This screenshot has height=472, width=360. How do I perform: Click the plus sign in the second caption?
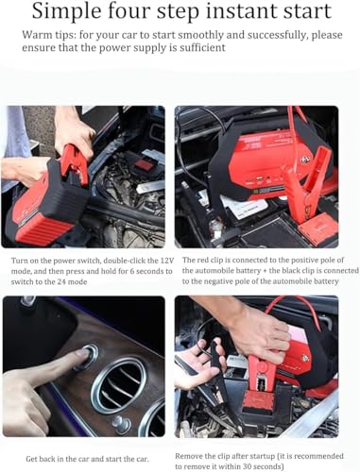[265, 271]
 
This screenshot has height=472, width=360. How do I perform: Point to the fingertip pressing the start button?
[81, 353]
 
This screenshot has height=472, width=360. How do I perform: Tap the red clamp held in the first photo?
[75, 163]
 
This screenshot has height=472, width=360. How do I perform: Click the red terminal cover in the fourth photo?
[259, 400]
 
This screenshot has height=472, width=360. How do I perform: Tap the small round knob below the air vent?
[122, 425]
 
